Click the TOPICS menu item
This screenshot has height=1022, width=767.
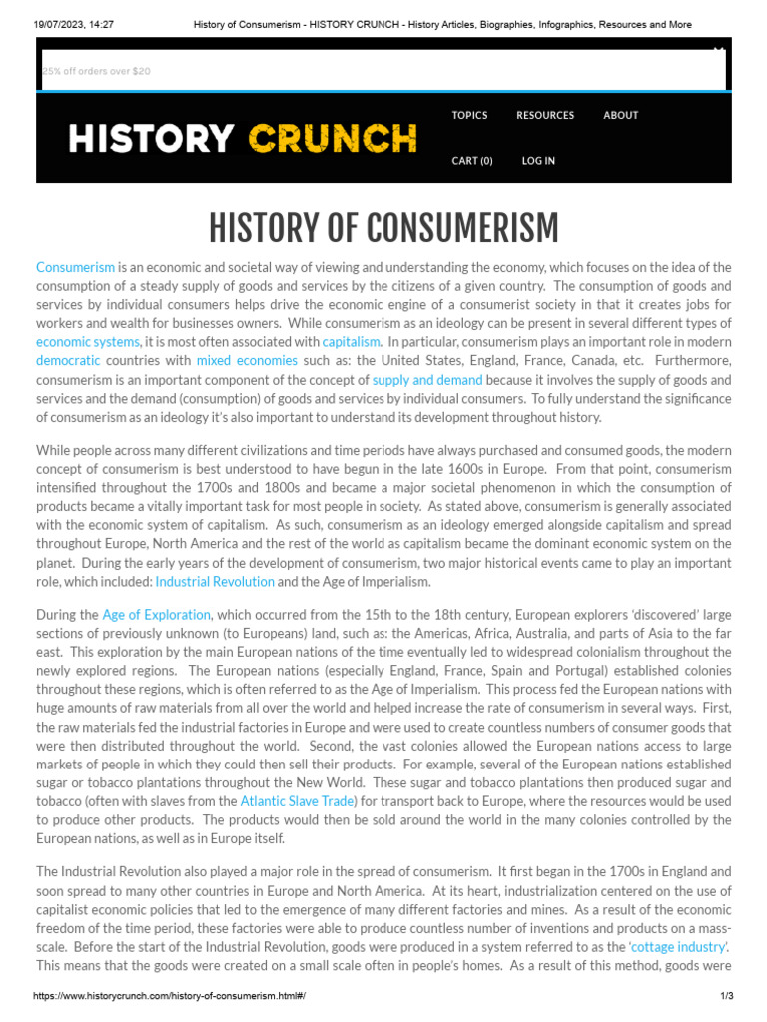point(469,115)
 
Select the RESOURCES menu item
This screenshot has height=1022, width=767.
point(545,115)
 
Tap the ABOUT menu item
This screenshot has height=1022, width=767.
point(620,115)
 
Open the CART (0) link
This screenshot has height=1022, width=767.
point(472,161)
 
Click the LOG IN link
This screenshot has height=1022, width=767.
point(538,161)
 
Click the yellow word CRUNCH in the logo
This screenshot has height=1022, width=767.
point(333,138)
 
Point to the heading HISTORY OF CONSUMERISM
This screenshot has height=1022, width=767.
point(383,229)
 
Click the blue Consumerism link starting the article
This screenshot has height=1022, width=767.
point(75,267)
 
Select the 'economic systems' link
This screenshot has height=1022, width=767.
point(88,342)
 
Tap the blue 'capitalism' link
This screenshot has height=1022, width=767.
point(352,342)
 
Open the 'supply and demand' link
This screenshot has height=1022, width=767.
point(427,380)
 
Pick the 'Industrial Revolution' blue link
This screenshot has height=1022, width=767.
point(215,582)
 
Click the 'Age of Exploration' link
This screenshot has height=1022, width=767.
point(156,615)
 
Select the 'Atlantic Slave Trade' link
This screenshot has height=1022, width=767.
point(298,801)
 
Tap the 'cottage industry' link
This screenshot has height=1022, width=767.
point(678,947)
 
